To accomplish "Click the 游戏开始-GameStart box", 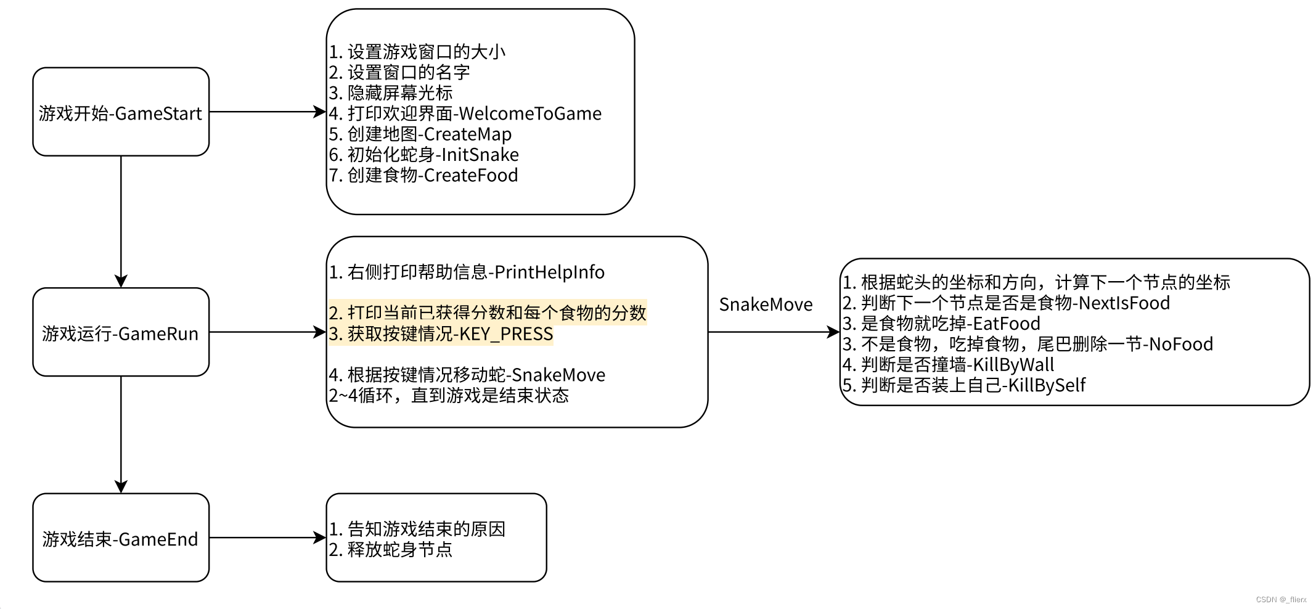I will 121,112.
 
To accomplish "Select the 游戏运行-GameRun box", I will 121,333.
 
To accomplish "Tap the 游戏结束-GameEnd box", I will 121,538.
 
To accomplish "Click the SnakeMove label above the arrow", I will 766,304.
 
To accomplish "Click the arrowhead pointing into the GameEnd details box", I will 319,537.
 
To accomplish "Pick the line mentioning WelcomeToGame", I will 465,113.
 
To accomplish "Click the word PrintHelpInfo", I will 549,272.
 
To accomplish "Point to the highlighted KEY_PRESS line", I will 441,334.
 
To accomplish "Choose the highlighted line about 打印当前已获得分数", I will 488,313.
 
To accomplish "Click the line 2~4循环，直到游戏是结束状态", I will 449,395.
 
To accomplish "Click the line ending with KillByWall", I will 948,365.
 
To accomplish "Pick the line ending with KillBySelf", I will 963,385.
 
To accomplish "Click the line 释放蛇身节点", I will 391,549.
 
